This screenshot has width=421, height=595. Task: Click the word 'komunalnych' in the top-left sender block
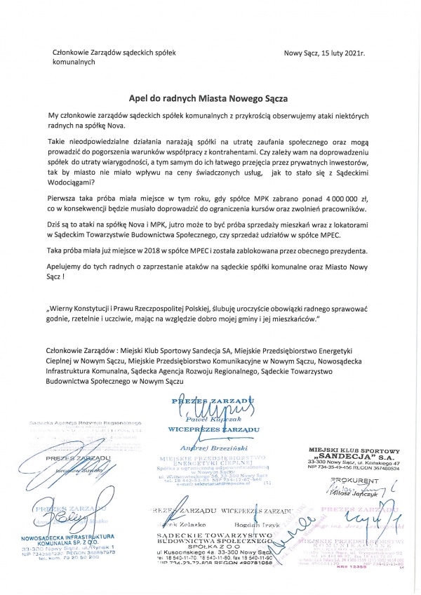click(78, 62)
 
